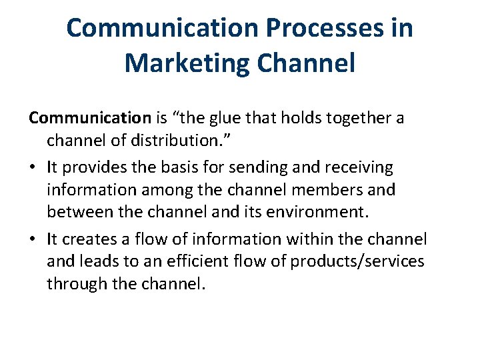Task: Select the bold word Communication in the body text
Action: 90,118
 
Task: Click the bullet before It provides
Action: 33,167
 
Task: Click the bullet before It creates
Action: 33,239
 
